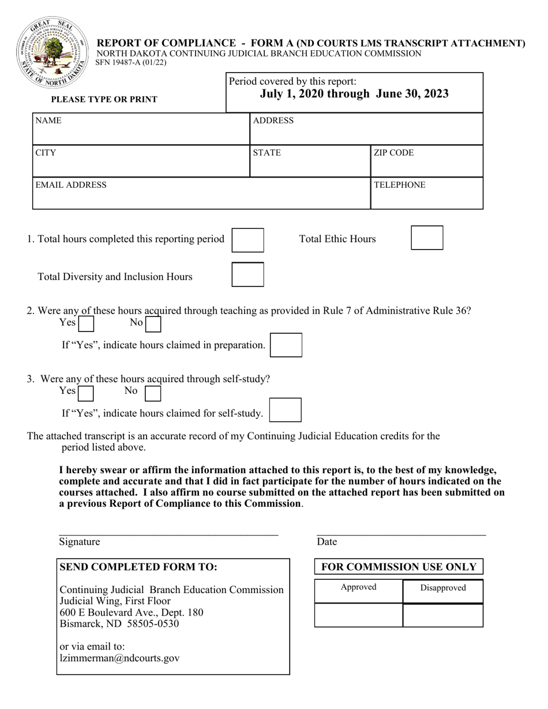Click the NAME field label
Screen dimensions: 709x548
point(48,121)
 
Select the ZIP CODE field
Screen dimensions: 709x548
point(426,161)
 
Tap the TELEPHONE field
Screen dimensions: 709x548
point(426,194)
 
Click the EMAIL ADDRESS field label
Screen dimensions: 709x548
point(71,185)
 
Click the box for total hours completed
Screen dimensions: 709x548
point(247,240)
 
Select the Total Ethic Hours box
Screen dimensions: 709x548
point(427,238)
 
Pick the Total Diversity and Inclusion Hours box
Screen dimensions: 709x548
point(247,274)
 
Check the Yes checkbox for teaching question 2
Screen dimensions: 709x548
point(86,325)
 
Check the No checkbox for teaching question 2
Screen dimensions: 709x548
point(153,325)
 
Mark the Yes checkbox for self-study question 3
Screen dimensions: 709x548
point(86,393)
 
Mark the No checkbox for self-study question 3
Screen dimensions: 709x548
point(153,393)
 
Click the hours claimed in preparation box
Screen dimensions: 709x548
point(286,345)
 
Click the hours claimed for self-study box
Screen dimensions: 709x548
point(286,410)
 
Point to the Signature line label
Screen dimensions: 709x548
point(80,542)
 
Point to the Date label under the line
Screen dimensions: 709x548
point(326,542)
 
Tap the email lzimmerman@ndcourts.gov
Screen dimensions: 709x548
point(120,658)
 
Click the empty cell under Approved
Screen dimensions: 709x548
point(358,615)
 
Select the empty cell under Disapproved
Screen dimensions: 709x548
point(442,615)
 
